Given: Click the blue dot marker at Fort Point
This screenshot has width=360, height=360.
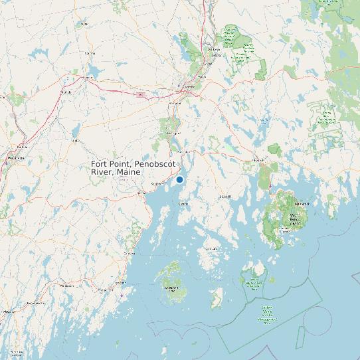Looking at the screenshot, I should point(179,179).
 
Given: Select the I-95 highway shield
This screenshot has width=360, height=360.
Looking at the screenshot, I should point(141,95).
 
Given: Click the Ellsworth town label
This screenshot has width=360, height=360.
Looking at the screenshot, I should point(258,160).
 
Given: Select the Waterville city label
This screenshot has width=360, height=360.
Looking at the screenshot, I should point(15,159).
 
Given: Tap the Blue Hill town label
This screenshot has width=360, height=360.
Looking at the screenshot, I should point(226,197).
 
